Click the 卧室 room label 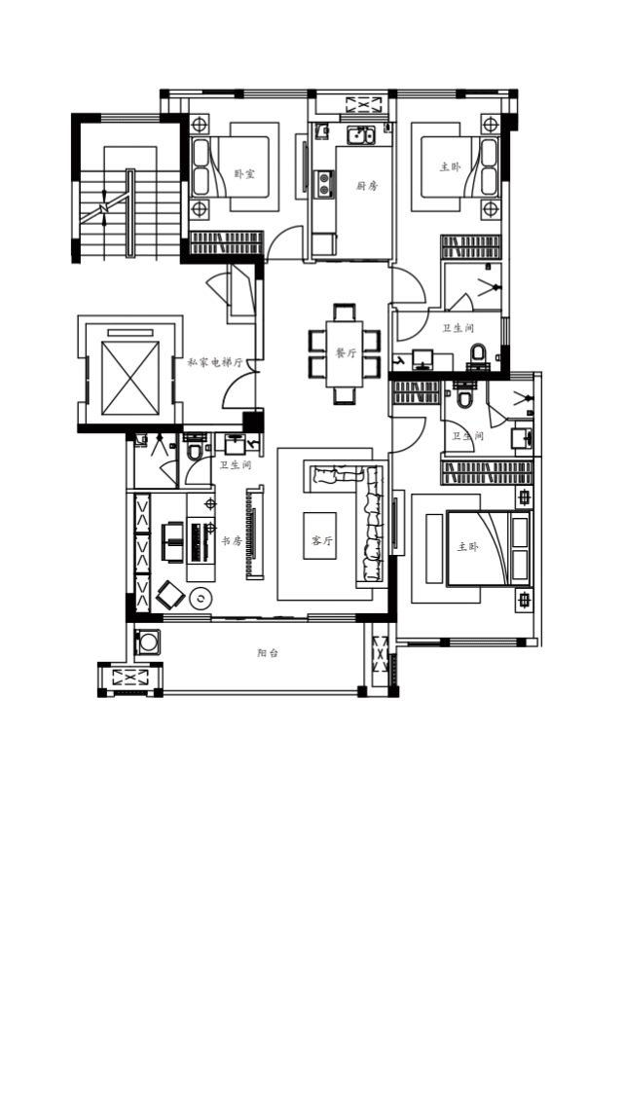click(x=244, y=173)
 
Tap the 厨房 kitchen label click(x=367, y=186)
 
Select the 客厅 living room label click(x=321, y=540)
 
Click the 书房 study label click(x=232, y=541)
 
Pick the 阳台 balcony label click(x=268, y=653)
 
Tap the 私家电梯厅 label click(x=215, y=363)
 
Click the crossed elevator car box click(x=129, y=378)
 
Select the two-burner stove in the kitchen click(x=324, y=184)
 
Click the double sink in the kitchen click(x=361, y=135)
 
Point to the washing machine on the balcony click(x=148, y=642)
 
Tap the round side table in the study click(x=201, y=599)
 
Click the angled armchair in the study click(x=170, y=595)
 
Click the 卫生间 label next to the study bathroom click(x=236, y=465)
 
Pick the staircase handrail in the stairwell click(x=129, y=213)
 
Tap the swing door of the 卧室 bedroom click(x=284, y=241)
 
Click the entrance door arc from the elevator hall click(x=238, y=390)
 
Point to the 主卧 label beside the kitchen click(x=451, y=167)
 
